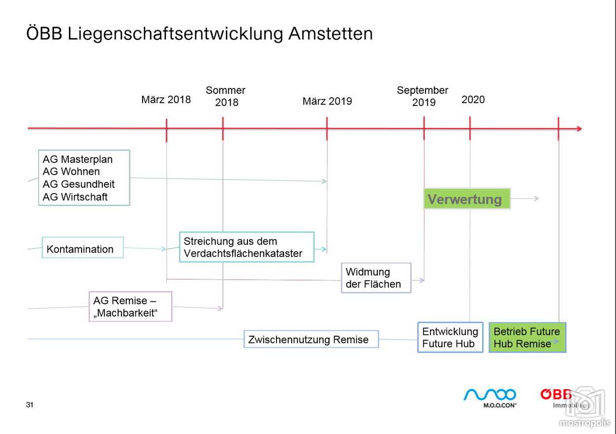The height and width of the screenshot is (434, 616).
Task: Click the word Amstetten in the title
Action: click(330, 33)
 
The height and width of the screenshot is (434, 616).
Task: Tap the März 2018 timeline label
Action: click(166, 99)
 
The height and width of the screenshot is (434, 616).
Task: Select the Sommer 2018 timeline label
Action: click(225, 96)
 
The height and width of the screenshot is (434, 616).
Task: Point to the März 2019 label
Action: click(327, 101)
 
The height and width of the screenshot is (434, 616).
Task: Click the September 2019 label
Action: click(423, 96)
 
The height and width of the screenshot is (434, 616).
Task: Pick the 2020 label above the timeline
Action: click(473, 99)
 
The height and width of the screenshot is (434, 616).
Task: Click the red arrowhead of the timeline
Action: click(579, 129)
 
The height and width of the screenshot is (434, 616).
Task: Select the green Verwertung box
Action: click(467, 199)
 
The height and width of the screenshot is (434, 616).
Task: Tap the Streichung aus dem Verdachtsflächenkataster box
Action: click(246, 247)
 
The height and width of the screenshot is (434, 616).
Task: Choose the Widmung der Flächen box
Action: click(376, 278)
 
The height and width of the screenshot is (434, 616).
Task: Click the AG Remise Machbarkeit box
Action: click(130, 306)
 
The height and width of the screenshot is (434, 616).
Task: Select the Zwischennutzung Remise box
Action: click(311, 339)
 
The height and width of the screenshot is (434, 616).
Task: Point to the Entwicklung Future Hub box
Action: click(450, 337)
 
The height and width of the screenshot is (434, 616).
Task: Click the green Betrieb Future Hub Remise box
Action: click(527, 337)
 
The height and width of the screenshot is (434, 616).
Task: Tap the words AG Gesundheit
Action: click(79, 184)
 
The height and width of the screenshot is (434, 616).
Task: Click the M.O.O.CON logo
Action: click(490, 398)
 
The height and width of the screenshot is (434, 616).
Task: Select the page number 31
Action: click(30, 405)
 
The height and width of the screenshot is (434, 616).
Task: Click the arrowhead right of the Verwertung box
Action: click(536, 198)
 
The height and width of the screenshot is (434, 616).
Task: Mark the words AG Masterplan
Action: click(78, 159)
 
